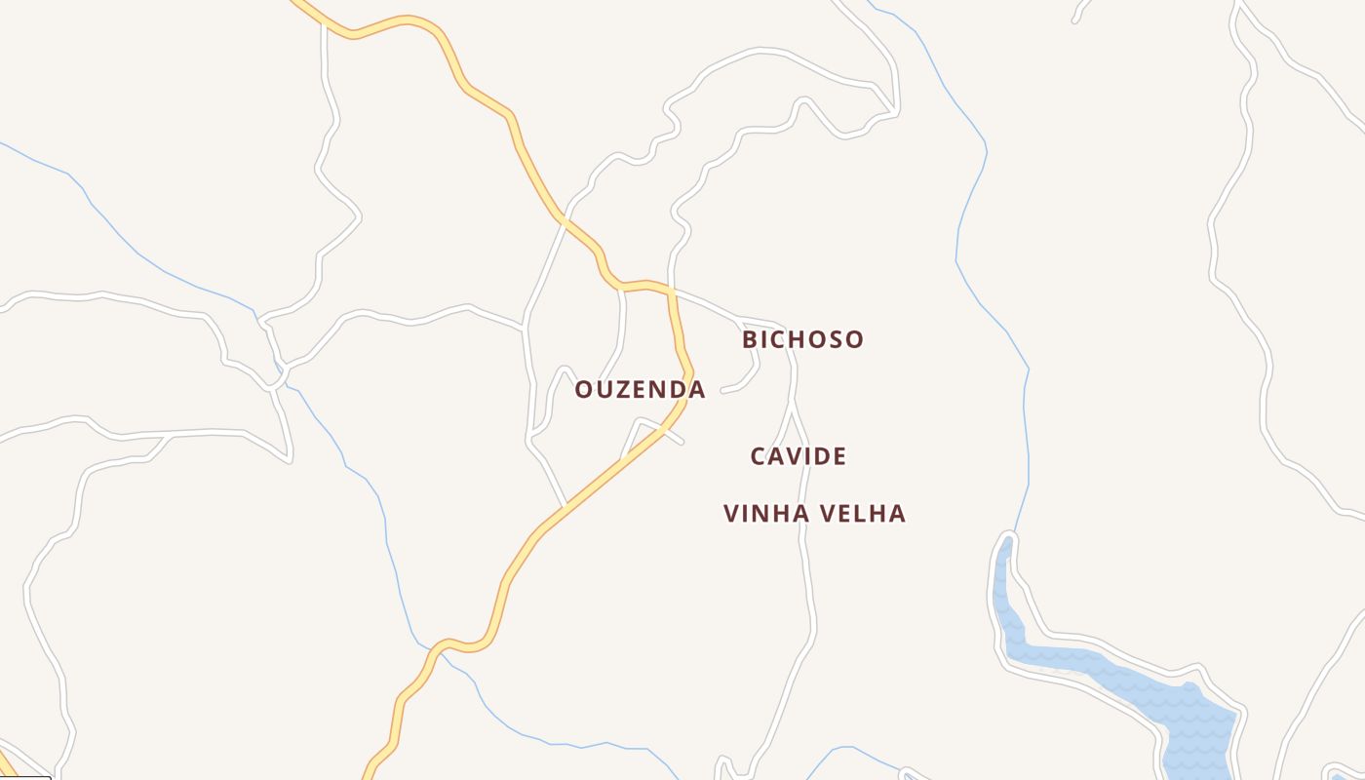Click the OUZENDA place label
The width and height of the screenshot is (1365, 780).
tap(640, 390)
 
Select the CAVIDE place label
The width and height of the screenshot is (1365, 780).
tap(798, 456)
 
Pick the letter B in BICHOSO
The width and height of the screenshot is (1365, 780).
tap(750, 340)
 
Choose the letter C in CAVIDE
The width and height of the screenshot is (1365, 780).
tap(760, 456)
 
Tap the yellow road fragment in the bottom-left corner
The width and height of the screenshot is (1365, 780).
tap(8, 762)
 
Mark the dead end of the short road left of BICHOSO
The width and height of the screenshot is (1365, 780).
tap(723, 390)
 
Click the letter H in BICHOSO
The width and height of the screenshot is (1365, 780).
tap(799, 340)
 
